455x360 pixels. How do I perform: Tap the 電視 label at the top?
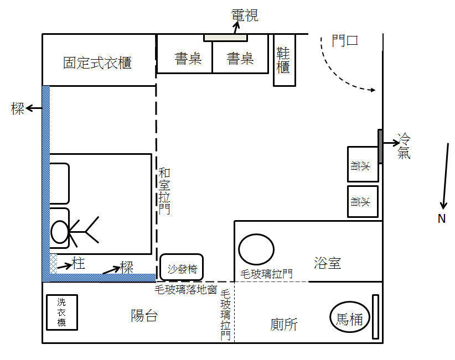(x=245, y=15)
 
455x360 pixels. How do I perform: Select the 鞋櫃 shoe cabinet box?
(x=283, y=60)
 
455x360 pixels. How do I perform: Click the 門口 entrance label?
(x=345, y=41)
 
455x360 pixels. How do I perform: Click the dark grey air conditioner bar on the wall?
(x=381, y=146)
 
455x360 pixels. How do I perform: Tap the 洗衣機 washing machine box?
(x=61, y=312)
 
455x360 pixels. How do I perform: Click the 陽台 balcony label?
(x=144, y=316)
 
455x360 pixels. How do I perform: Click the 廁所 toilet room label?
(x=284, y=324)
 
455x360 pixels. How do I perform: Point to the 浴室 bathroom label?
(x=328, y=263)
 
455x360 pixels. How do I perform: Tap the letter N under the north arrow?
(x=441, y=219)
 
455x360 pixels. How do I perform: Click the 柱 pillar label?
(x=79, y=264)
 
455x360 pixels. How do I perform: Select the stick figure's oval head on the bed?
(x=60, y=232)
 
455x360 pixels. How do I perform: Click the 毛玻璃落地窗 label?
(x=185, y=289)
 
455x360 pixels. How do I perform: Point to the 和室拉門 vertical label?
(x=164, y=191)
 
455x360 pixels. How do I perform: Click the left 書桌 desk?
(x=188, y=58)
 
